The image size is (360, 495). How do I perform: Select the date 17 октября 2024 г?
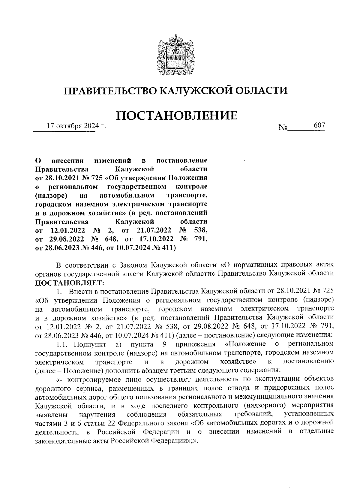(x=76, y=126)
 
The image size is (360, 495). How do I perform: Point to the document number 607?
(x=319, y=126)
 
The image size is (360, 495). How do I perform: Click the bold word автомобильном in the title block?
(x=126, y=196)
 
